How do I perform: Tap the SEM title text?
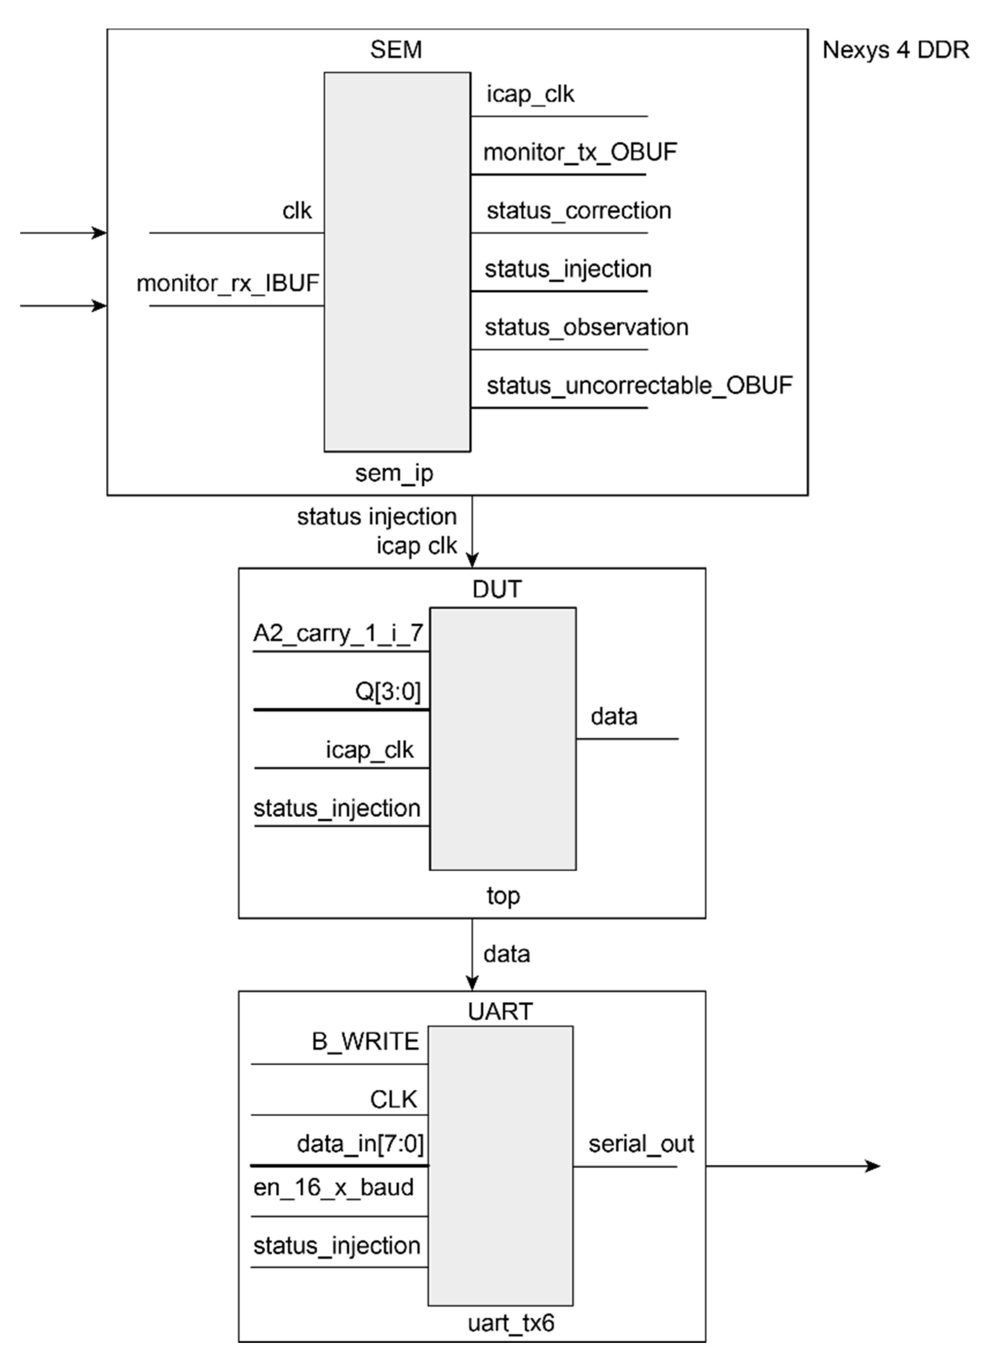[396, 50]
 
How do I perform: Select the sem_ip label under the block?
[394, 473]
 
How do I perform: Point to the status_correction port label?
[578, 211]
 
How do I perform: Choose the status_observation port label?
[586, 327]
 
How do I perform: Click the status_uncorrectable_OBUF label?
[639, 386]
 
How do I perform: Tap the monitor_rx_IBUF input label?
[227, 283]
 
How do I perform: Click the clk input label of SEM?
[297, 211]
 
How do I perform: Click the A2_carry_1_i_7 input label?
[338, 633]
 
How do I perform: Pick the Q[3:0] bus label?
[388, 691]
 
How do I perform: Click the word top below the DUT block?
[503, 896]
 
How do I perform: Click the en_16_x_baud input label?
[334, 1187]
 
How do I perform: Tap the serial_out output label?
[640, 1144]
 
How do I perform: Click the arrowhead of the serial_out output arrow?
[874, 1166]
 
